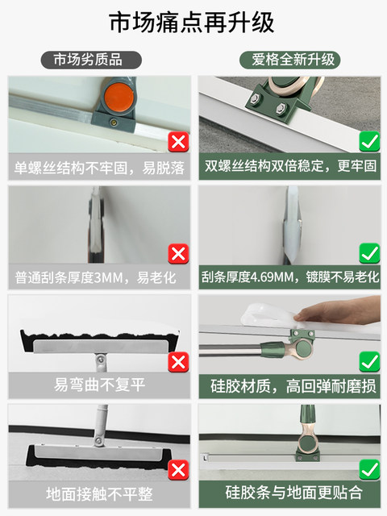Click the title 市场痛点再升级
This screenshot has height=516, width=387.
pos(193,21)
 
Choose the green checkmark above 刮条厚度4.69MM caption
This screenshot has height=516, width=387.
pos(368,254)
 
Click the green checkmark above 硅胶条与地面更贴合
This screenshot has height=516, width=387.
pos(368,468)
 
